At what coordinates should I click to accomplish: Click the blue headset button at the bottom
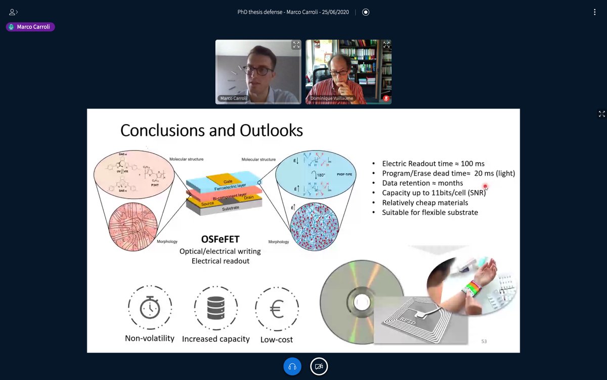[292, 366]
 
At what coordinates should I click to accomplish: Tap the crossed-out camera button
[319, 366]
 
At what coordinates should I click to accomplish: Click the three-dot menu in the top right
[595, 12]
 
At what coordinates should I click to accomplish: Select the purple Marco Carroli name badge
[30, 27]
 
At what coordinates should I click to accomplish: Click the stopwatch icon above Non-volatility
[150, 308]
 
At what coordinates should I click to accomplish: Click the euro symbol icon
[277, 309]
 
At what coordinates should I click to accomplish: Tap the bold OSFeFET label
[221, 240]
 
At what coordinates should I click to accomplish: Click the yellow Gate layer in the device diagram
[228, 181]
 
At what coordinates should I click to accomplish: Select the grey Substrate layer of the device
[230, 208]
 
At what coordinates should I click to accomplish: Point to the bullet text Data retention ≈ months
[422, 183]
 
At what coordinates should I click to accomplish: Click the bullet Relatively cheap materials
[425, 203]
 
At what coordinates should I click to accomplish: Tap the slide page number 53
[484, 341]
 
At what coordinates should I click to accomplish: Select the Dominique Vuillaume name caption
[332, 98]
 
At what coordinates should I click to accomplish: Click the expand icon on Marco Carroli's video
[296, 45]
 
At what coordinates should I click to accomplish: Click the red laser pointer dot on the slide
[485, 186]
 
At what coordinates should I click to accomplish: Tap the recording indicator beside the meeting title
[366, 12]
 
